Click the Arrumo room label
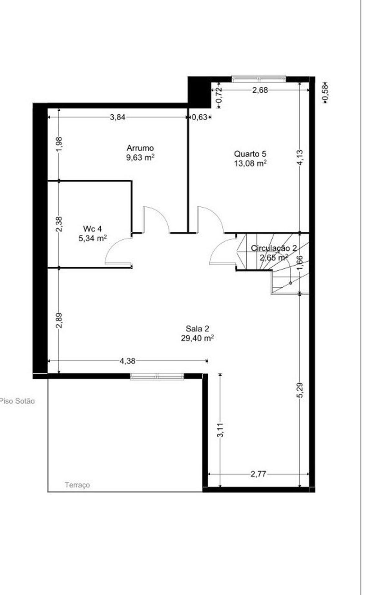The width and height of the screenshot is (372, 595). [140, 148]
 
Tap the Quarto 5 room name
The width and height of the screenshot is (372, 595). [250, 154]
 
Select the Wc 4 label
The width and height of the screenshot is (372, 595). [93, 229]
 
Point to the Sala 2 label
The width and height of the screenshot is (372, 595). [197, 328]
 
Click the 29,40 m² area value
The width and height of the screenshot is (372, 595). [197, 338]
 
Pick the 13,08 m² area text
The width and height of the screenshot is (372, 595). [250, 163]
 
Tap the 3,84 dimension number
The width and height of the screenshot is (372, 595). [118, 117]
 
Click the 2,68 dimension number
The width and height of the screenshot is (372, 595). [260, 90]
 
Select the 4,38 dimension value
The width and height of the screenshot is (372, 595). [127, 361]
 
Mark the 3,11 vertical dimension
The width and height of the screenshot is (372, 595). [220, 430]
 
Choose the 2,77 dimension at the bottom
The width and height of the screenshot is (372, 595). [258, 474]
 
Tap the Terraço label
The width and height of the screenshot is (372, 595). [77, 485]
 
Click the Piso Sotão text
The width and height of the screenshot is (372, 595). [17, 401]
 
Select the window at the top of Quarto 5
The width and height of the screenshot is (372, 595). [259, 79]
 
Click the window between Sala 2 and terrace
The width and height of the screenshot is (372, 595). [157, 377]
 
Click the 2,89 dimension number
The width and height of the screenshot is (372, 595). [59, 320]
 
